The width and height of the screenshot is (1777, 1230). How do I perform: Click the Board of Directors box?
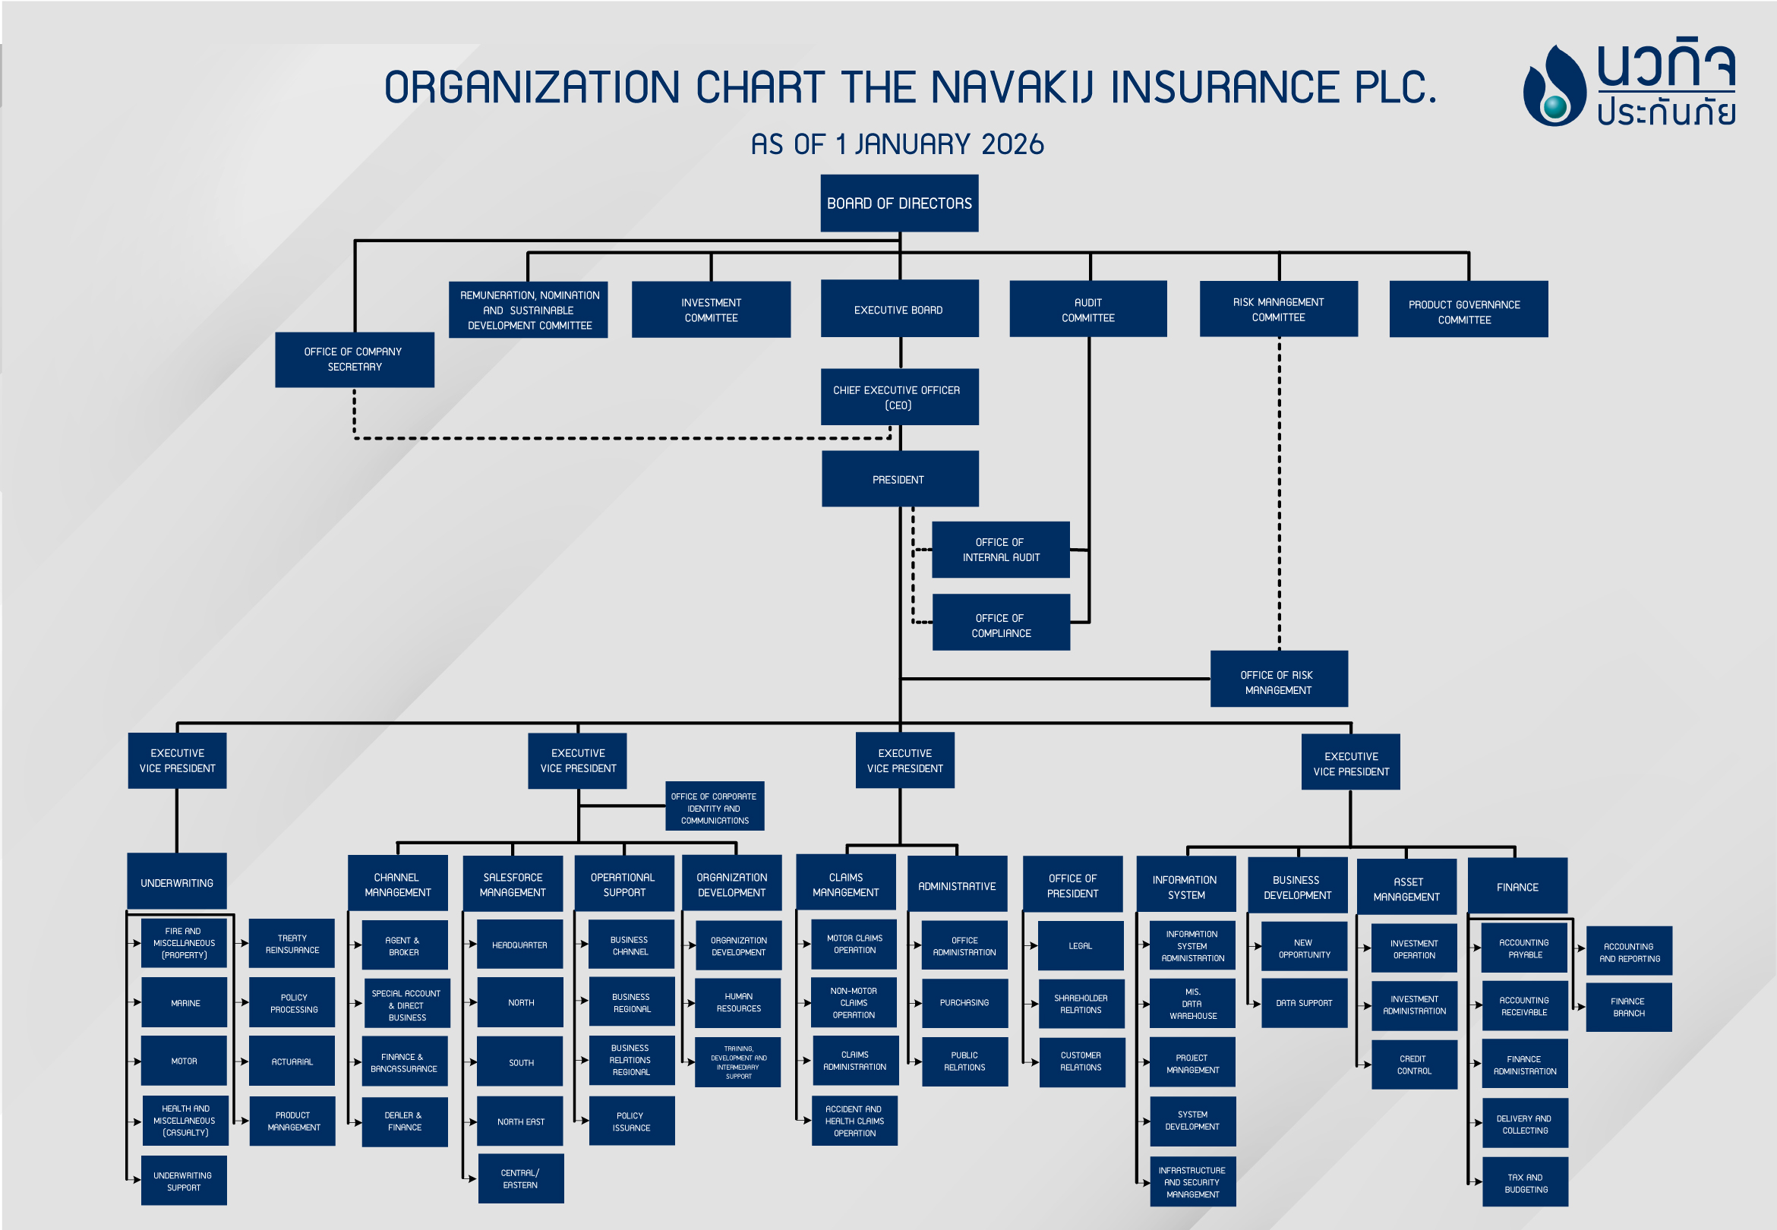pos(898,203)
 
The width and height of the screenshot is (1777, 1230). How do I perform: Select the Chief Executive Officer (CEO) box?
pos(898,397)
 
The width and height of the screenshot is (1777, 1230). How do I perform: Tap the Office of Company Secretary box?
pos(354,359)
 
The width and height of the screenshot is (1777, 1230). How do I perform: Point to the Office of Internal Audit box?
pos(999,550)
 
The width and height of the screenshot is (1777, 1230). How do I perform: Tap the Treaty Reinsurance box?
pos(292,943)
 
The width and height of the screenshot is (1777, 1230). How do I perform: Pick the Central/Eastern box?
pos(520,1178)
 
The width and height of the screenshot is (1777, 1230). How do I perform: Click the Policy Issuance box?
pos(631,1121)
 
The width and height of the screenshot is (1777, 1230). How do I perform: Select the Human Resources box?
pos(737,1003)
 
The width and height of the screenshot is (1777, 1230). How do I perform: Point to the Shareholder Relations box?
pos(1081,1004)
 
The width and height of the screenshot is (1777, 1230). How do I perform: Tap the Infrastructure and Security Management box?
pos(1192,1181)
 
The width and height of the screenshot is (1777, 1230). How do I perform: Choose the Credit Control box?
pos(1413,1064)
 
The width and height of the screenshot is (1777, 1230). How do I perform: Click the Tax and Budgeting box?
pos(1524,1182)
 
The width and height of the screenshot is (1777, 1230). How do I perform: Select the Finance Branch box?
pos(1627,1008)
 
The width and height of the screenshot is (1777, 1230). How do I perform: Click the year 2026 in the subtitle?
pos(1012,144)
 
